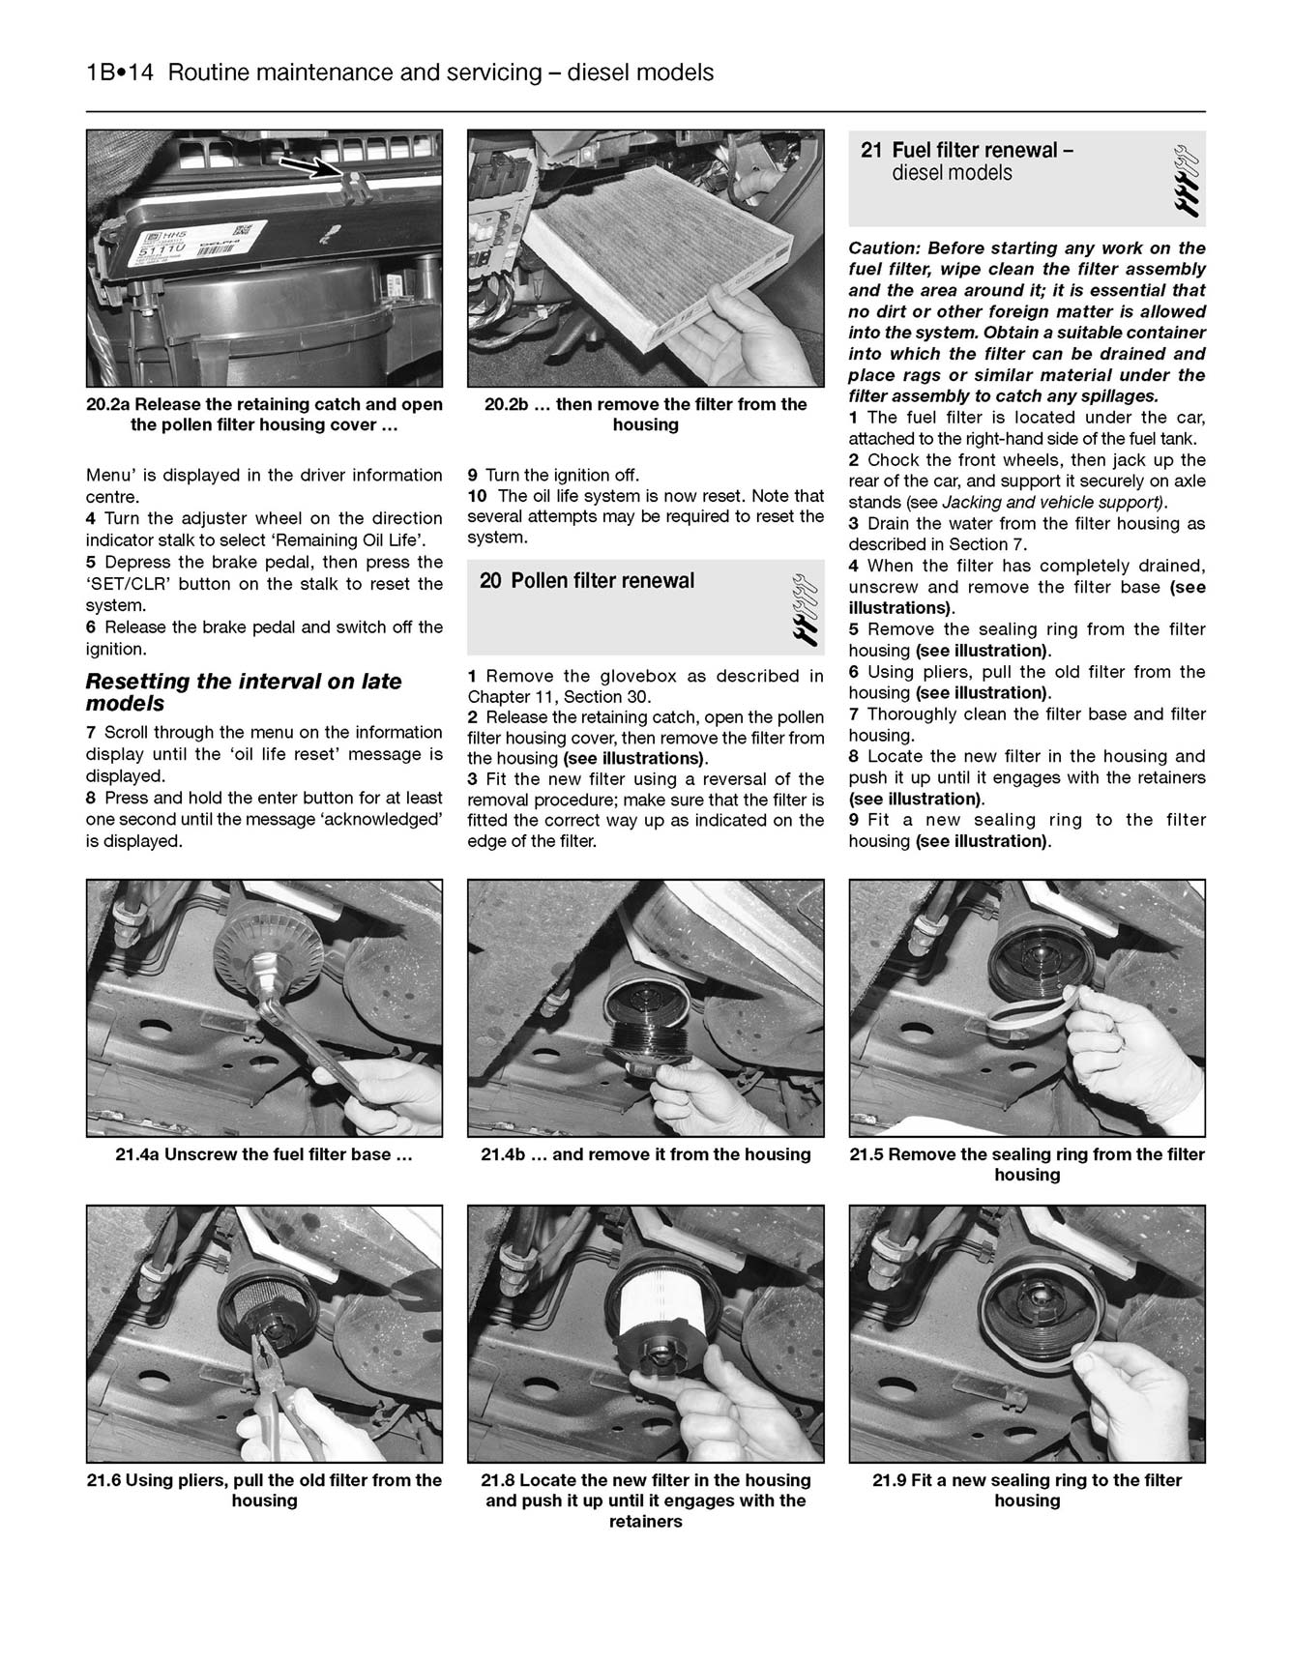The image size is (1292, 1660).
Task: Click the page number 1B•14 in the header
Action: (x=120, y=73)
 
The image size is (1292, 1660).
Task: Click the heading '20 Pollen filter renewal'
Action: (x=587, y=581)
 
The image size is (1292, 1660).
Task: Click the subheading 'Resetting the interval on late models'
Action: (x=243, y=692)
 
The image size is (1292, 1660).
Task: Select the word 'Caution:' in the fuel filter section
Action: (x=883, y=248)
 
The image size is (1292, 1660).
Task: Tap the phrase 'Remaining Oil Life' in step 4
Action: (x=353, y=540)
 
